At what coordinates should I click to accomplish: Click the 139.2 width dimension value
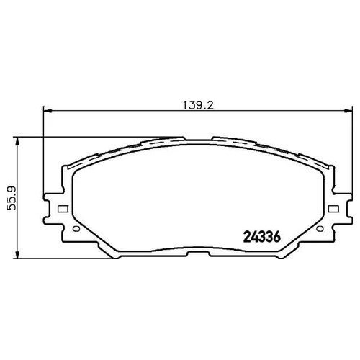tap(198, 105)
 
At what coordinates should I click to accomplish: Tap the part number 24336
tap(262, 238)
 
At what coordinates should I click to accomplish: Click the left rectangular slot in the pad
tap(63, 209)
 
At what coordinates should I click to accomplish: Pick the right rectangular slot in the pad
tap(333, 209)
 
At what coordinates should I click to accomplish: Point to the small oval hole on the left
tap(76, 229)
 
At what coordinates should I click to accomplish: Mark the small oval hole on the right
tap(320, 229)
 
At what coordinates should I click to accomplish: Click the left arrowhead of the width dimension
tap(48, 111)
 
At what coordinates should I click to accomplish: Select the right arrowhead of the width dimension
tap(348, 111)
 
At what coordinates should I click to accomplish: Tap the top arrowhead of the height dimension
tap(17, 141)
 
